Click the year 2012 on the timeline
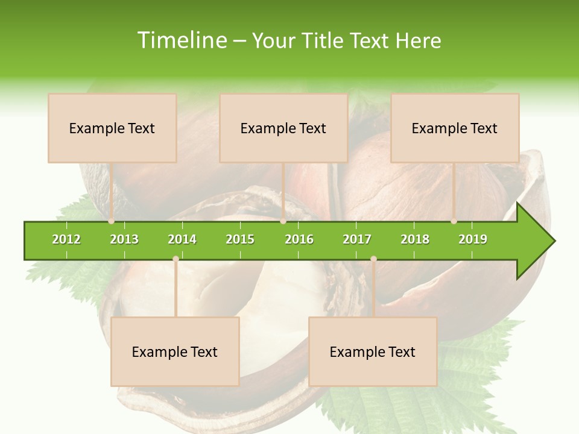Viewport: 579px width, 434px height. coord(66,239)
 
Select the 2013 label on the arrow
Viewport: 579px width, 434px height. coord(124,239)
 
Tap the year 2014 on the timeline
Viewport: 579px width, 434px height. coord(182,239)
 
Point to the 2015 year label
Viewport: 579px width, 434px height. coord(240,239)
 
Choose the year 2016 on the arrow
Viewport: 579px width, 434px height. coord(299,239)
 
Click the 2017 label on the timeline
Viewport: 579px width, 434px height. coord(357,239)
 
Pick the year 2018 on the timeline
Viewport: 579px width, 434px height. coord(415,239)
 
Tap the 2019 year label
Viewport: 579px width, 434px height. coord(473,239)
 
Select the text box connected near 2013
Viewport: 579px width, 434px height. coord(112,128)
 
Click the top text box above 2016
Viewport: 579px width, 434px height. coord(283,128)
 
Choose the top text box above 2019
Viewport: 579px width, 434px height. coord(455,128)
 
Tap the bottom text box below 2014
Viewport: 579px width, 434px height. coord(175,351)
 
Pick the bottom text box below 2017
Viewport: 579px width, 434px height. coord(373,351)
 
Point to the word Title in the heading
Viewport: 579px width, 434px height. coord(323,40)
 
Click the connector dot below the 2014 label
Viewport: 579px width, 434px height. coord(176,259)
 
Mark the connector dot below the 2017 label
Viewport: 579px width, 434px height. coord(373,259)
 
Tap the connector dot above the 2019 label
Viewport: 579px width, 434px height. coord(454,221)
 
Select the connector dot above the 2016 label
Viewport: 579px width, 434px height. coord(283,221)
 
